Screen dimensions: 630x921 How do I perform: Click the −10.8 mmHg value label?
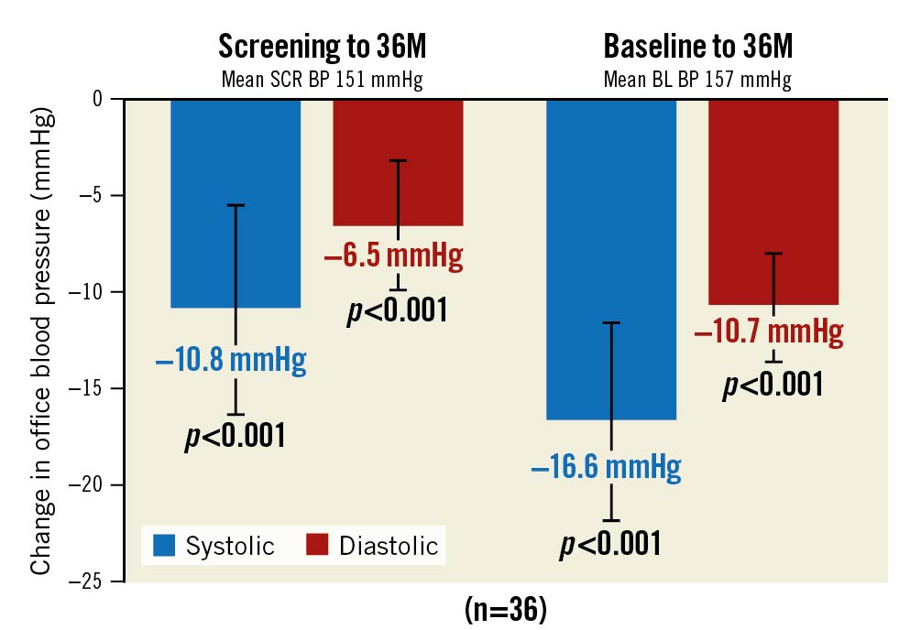231,360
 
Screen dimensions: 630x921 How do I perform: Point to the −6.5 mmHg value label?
394,255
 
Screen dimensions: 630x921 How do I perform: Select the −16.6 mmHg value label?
607,470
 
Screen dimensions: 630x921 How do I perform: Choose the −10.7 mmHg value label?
770,331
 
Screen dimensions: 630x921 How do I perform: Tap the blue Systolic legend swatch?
164,546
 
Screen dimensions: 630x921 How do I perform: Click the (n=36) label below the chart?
505,610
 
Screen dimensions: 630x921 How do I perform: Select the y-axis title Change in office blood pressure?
41,343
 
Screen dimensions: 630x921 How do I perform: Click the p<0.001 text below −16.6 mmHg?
609,544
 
